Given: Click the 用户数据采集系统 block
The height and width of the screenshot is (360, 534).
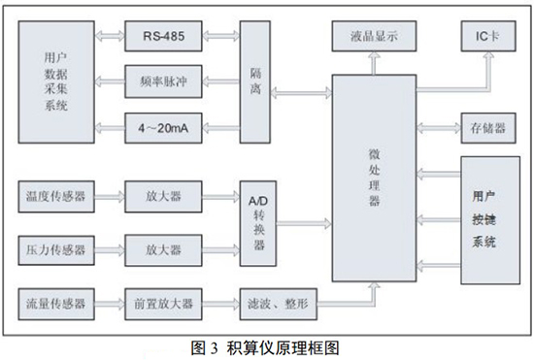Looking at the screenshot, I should [x=57, y=82].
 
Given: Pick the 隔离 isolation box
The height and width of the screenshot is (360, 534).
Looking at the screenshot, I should [x=256, y=82].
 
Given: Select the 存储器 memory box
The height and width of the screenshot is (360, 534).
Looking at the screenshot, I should [x=487, y=127].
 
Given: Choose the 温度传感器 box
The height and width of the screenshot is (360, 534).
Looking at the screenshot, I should [x=57, y=198].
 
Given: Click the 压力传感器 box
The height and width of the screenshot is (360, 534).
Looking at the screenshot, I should [x=57, y=249].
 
